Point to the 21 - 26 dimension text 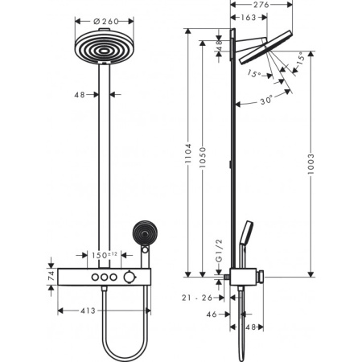[x=199, y=298]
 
